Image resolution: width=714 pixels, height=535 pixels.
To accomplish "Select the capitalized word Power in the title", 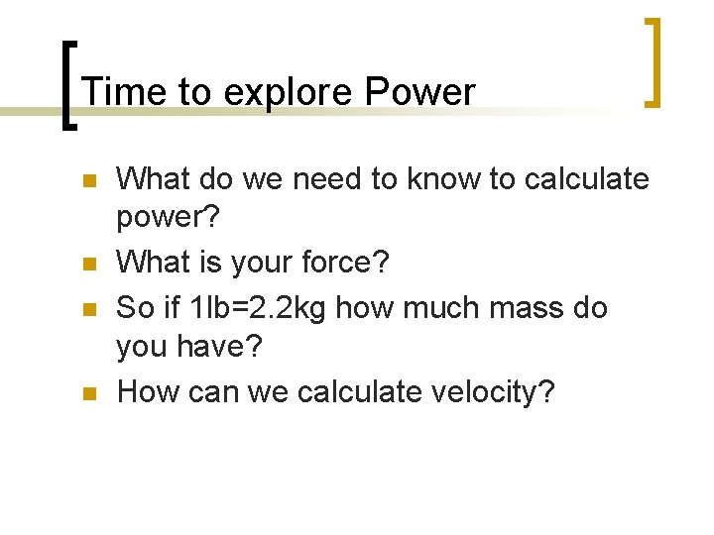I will click(419, 92).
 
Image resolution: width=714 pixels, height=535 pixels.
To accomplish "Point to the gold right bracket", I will click(653, 61).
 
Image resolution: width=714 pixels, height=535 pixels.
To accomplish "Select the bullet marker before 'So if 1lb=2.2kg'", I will click(88, 310).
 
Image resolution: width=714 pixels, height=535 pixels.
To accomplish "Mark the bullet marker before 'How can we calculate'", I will click(88, 394).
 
